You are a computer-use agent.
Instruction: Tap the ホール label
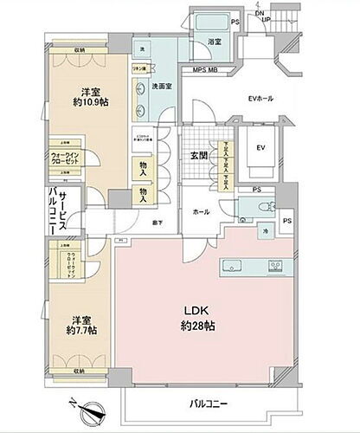(x=199, y=211)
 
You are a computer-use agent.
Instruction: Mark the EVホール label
(x=260, y=99)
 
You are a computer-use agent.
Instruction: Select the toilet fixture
(x=262, y=208)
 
